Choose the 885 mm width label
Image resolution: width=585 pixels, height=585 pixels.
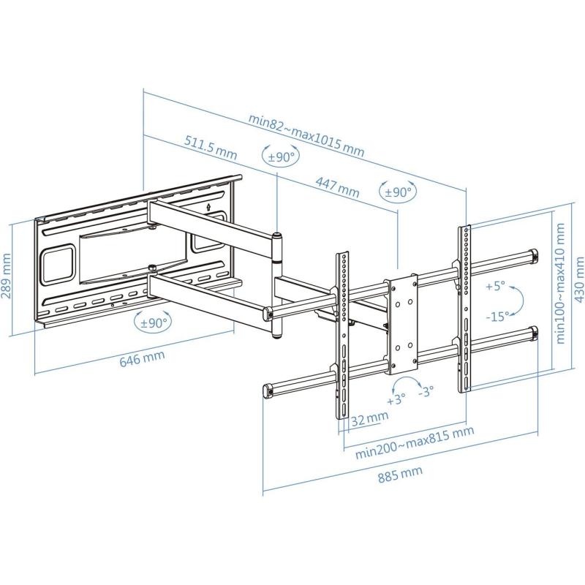tap(400, 477)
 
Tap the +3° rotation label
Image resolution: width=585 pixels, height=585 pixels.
tap(396, 400)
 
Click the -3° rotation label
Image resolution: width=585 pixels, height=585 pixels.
tap(427, 391)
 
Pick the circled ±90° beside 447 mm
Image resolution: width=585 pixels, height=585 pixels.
tap(399, 192)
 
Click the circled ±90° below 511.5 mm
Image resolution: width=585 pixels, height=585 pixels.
tap(278, 156)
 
